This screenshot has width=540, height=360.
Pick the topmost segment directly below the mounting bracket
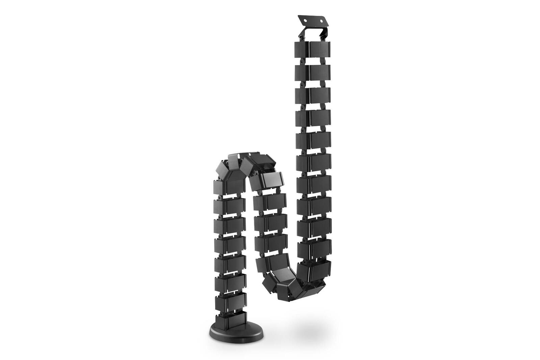(312, 50)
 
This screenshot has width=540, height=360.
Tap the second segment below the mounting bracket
(313, 71)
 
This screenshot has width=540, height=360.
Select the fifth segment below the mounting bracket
(313, 139)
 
